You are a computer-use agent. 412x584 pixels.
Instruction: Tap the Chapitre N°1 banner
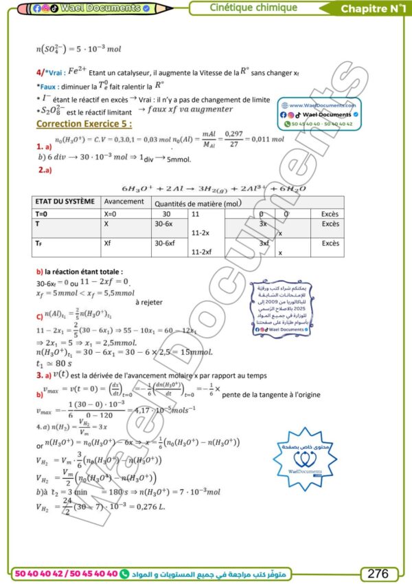(x=374, y=9)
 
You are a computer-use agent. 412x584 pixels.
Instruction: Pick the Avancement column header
(x=124, y=202)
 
